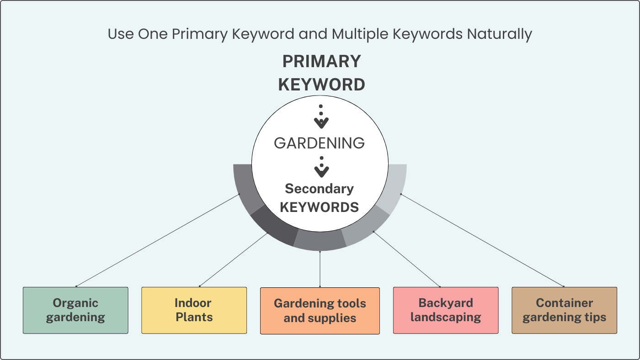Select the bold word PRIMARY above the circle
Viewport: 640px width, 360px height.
pyautogui.click(x=321, y=61)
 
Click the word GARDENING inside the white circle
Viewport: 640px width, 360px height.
pyautogui.click(x=319, y=143)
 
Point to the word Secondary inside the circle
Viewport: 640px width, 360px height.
pyautogui.click(x=319, y=189)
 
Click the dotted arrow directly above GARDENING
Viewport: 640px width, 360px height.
pyautogui.click(x=321, y=117)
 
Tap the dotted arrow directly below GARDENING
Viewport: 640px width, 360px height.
pyautogui.click(x=321, y=167)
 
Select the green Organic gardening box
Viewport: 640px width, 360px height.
pyautogui.click(x=75, y=310)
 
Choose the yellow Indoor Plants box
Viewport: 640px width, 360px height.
pyautogui.click(x=194, y=310)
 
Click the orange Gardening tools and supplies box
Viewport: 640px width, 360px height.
pyautogui.click(x=320, y=311)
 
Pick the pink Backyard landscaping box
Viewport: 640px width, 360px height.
pyautogui.click(x=446, y=310)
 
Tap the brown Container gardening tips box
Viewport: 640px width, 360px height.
pyautogui.click(x=564, y=310)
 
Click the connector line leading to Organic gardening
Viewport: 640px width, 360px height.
pyautogui.click(x=158, y=240)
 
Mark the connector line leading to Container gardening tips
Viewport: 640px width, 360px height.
pyautogui.click(x=482, y=240)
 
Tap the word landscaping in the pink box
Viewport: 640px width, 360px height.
pyautogui.click(x=446, y=317)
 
